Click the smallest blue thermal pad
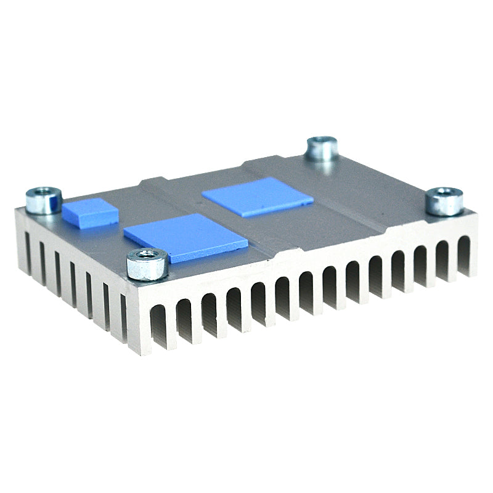click(x=90, y=211)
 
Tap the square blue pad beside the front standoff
click(x=185, y=238)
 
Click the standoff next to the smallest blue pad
click(x=44, y=202)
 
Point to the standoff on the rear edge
click(x=322, y=149)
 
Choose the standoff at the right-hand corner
click(x=444, y=202)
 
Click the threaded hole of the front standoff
click(x=147, y=254)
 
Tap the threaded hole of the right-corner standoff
click(x=444, y=193)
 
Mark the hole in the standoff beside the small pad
click(x=44, y=193)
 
